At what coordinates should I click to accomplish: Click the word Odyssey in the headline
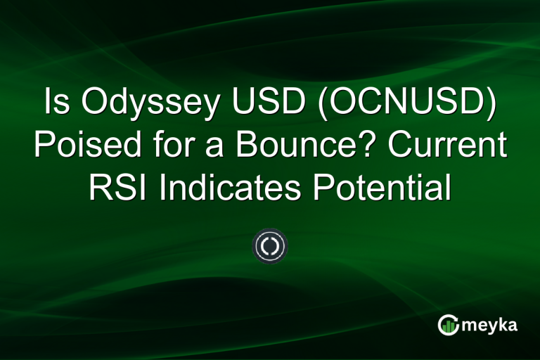coord(146,105)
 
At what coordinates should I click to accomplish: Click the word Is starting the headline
coord(57,105)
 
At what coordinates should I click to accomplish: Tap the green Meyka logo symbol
coord(447,325)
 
